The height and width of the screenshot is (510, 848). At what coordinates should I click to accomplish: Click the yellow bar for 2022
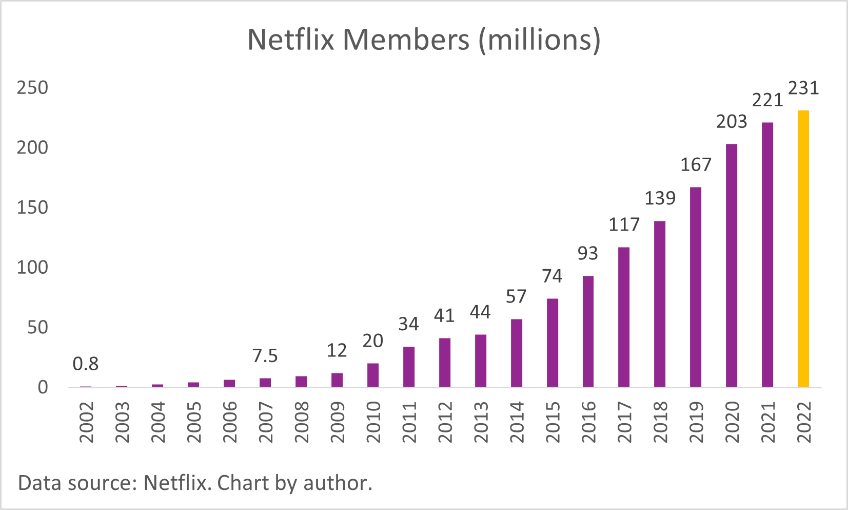[x=803, y=249]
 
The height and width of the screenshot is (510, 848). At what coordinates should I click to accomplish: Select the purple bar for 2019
[x=695, y=287]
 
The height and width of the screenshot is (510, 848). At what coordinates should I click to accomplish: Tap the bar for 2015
[x=552, y=343]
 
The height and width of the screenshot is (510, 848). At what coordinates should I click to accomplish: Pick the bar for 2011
[x=408, y=367]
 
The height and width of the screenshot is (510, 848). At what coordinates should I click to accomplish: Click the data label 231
[x=803, y=88]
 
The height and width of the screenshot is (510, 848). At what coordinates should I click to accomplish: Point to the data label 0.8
[x=85, y=364]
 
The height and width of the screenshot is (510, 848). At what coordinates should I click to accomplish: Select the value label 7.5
[x=265, y=356]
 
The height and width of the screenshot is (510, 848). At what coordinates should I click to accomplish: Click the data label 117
[x=624, y=225]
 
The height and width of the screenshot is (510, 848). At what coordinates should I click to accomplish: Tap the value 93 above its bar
[x=588, y=253]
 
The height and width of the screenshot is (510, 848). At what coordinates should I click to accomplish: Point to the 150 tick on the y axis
[x=32, y=207]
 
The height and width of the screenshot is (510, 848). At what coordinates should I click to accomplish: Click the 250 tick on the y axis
[x=32, y=88]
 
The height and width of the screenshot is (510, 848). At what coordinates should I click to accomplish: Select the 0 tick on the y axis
[x=43, y=387]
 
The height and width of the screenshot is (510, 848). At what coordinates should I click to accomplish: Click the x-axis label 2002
[x=86, y=422]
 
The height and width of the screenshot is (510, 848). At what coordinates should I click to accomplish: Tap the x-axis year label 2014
[x=517, y=422]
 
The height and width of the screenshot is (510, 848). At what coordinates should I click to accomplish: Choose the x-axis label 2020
[x=732, y=422]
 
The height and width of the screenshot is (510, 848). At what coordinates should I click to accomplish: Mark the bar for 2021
[x=767, y=255]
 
